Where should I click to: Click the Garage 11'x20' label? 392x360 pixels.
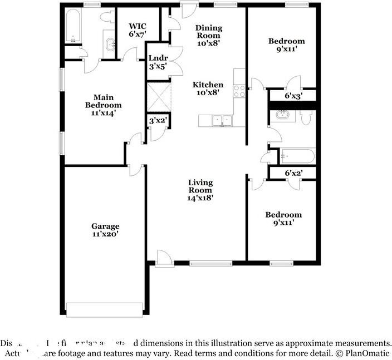click(105, 230)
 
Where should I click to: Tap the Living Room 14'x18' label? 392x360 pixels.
click(200, 190)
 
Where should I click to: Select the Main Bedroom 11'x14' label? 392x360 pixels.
click(103, 105)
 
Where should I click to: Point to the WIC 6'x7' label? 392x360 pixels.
click(138, 30)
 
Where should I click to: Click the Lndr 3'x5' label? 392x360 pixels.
click(157, 61)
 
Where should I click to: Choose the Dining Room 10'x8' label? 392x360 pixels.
click(208, 32)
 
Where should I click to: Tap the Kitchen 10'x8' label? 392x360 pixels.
click(208, 89)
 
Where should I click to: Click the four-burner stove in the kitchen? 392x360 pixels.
click(239, 91)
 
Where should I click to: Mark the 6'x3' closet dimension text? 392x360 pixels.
click(293, 96)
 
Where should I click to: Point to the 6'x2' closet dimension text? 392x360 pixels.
click(293, 174)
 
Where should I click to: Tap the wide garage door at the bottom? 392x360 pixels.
click(104, 309)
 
